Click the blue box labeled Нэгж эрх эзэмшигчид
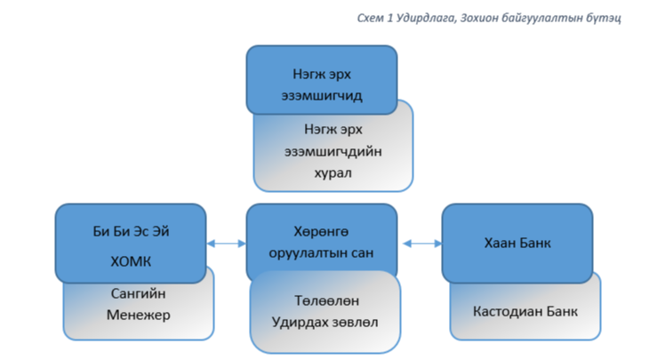point(321,80)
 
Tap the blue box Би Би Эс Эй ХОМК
point(131,242)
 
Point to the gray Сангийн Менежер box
point(138,307)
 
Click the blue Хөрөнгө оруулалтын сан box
point(321,242)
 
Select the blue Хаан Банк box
point(517,242)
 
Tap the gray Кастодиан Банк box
point(525,311)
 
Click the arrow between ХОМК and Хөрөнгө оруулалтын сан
point(227,243)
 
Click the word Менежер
point(138,315)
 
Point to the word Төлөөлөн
point(323,300)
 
